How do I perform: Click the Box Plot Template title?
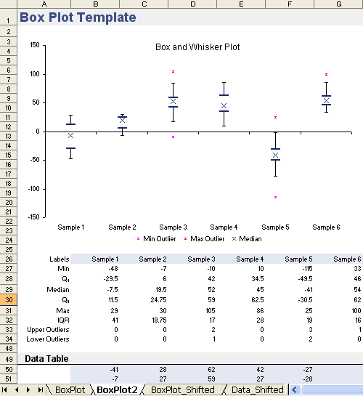coord(78,17)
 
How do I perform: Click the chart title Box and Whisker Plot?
coord(197,47)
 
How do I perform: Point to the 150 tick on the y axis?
coord(33,45)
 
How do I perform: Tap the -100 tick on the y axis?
coord(32,188)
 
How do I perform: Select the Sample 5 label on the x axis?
coord(275,227)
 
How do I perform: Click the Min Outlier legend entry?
coord(156,238)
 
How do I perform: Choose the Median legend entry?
coord(246,238)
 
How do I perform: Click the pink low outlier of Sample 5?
coord(275,197)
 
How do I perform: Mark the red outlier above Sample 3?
coord(173,72)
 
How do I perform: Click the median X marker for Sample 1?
coord(70,135)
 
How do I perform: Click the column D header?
coord(192,4)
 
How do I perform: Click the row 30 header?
coord(8,299)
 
